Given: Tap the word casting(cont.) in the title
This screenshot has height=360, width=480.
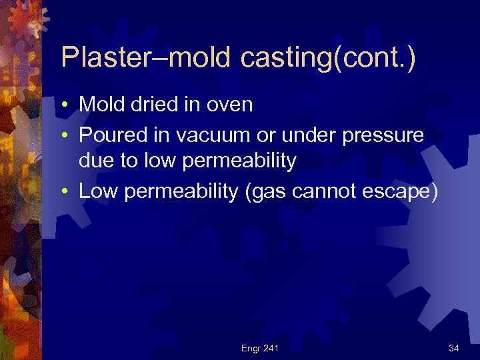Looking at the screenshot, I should pyautogui.click(x=328, y=58).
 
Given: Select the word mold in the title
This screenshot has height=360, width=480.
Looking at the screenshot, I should pyautogui.click(x=202, y=58).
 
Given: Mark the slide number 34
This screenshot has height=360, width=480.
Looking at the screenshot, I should pyautogui.click(x=454, y=347).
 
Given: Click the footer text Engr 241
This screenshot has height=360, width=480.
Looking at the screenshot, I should pyautogui.click(x=259, y=347).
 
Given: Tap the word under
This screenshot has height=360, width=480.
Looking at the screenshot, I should pyautogui.click(x=305, y=136).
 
